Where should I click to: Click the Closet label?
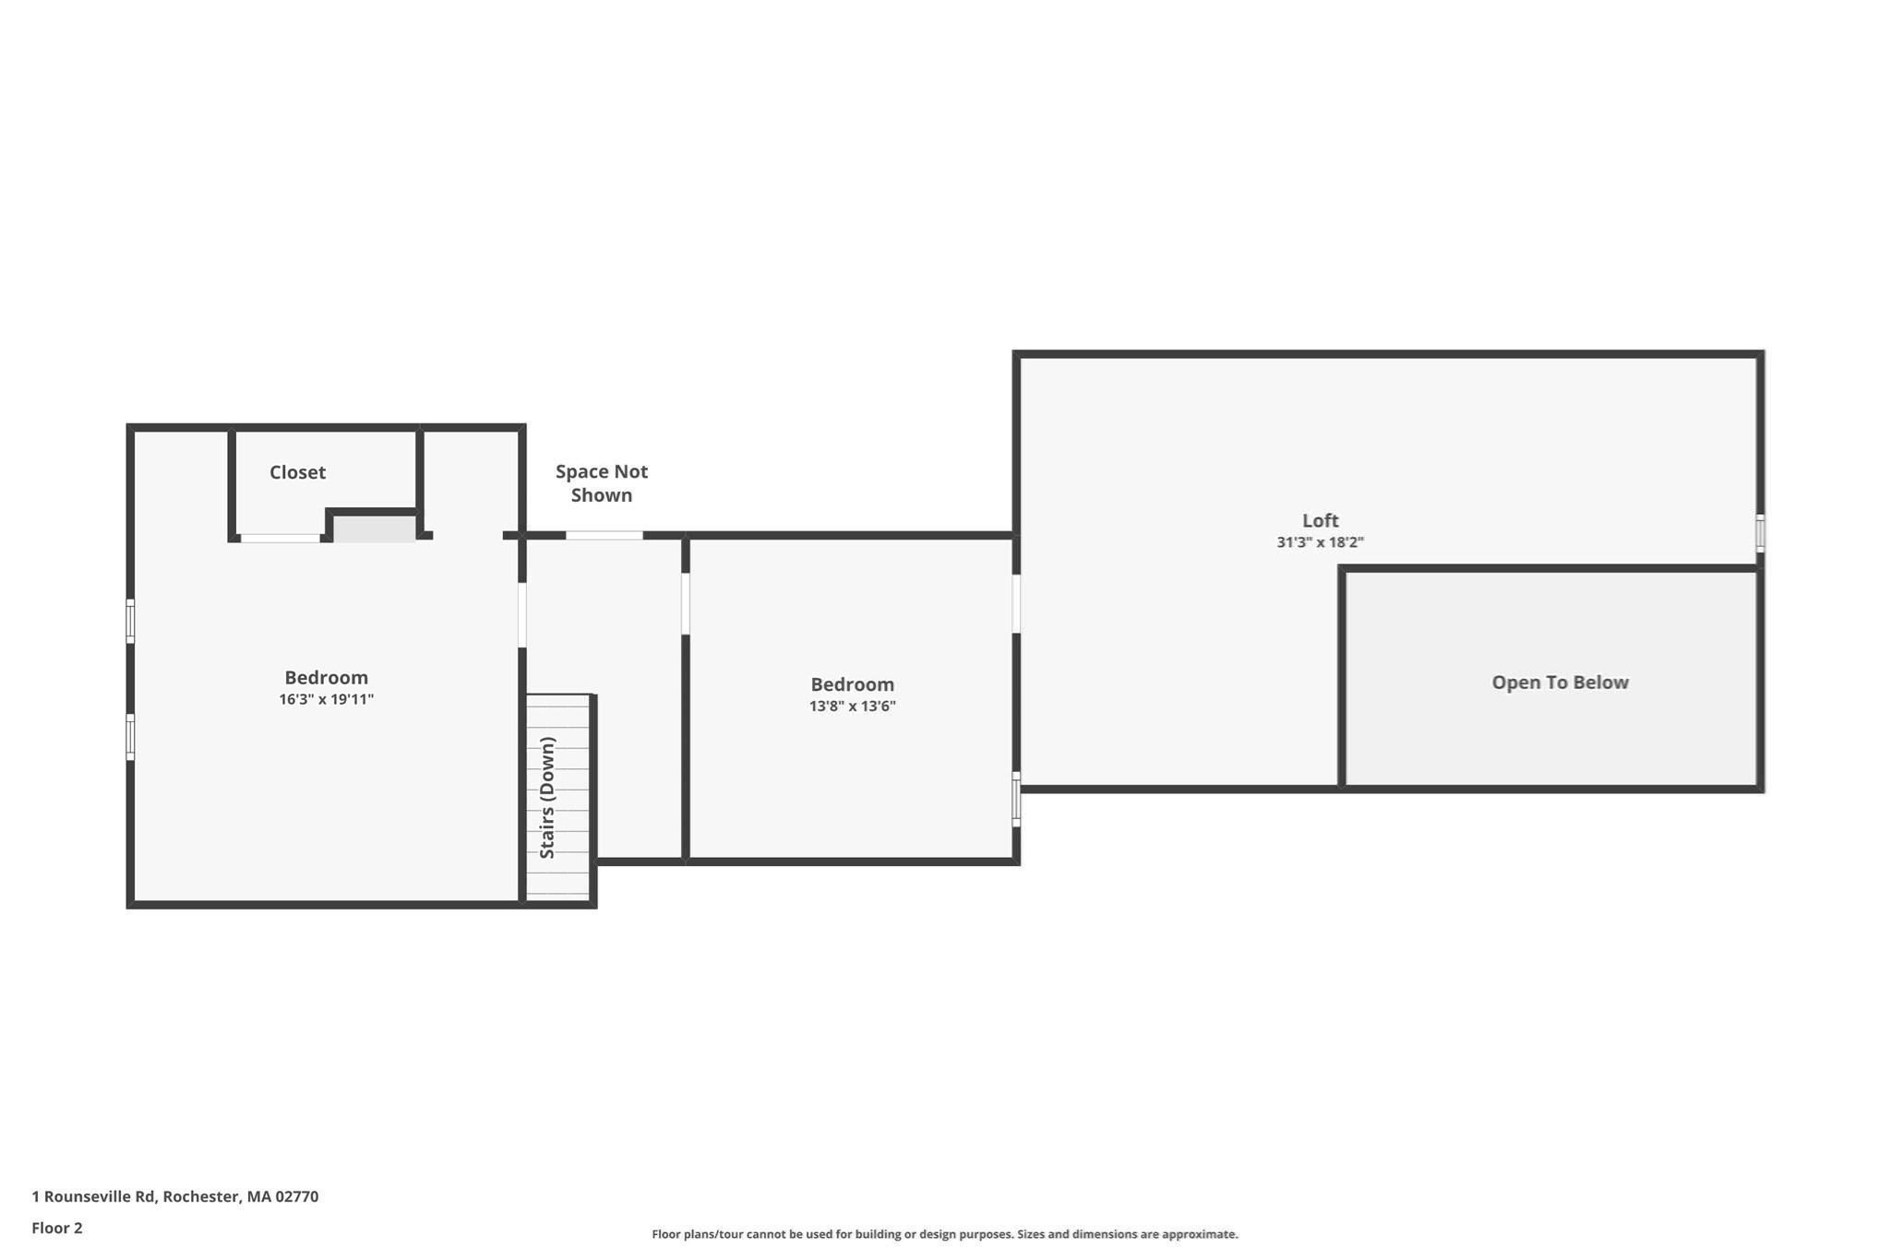pyautogui.click(x=297, y=472)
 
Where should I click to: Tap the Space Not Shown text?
pyautogui.click(x=602, y=483)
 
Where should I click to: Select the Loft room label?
pyautogui.click(x=1321, y=520)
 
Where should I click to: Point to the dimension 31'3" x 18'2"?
pyautogui.click(x=1321, y=542)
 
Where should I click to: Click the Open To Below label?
pyautogui.click(x=1561, y=683)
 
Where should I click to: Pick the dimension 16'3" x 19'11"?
pyautogui.click(x=327, y=699)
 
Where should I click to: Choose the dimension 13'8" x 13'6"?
pyautogui.click(x=853, y=707)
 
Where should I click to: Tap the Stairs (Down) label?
pyautogui.click(x=547, y=798)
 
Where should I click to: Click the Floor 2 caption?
pyautogui.click(x=57, y=1228)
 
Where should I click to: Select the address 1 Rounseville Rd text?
pyautogui.click(x=94, y=1196)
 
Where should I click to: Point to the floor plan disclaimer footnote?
pyautogui.click(x=945, y=1234)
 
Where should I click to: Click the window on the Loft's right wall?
pyautogui.click(x=1760, y=533)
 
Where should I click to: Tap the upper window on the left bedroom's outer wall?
pyautogui.click(x=130, y=621)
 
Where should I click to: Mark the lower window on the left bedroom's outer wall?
pyautogui.click(x=130, y=737)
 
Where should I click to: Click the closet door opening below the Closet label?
pyautogui.click(x=281, y=538)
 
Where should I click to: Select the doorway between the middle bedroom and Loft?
pyautogui.click(x=1016, y=604)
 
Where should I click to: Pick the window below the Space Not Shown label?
pyautogui.click(x=604, y=535)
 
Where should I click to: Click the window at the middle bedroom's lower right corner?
pyautogui.click(x=1016, y=800)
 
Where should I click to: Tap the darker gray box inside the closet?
pyautogui.click(x=374, y=529)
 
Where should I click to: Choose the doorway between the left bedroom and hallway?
pyautogui.click(x=522, y=614)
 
